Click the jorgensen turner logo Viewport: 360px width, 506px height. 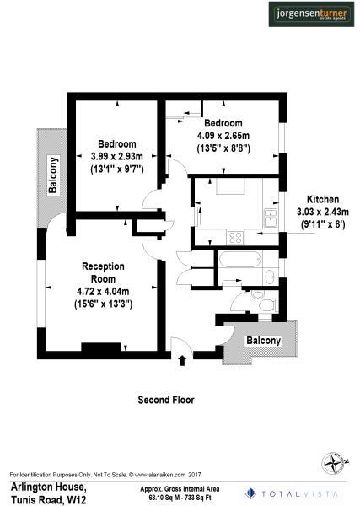[310, 15]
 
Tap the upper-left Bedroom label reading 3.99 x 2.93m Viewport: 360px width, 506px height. [116, 156]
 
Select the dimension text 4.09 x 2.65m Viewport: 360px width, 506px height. [223, 136]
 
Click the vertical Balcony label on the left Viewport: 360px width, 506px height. [53, 175]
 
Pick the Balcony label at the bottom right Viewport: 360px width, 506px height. [263, 340]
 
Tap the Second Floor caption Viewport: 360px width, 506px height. [166, 399]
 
